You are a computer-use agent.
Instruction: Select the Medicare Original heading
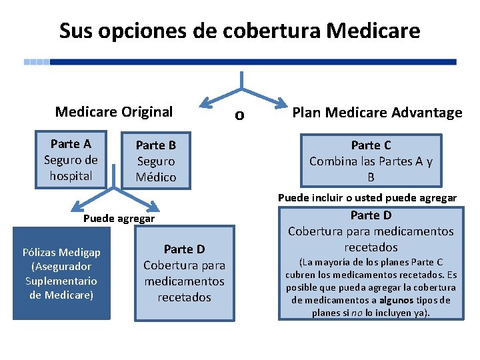(113, 112)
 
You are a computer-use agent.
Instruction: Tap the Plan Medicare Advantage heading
(377, 113)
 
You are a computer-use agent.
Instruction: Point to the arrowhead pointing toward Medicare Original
(207, 102)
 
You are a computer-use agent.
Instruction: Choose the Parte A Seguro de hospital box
(71, 160)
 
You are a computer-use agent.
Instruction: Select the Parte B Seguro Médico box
(155, 161)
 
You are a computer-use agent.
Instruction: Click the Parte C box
(371, 161)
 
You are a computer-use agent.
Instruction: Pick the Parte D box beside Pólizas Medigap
(184, 273)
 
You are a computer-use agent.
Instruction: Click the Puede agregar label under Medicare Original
(119, 219)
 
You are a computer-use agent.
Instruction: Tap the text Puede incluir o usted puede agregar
(367, 198)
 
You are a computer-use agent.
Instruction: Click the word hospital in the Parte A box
(71, 176)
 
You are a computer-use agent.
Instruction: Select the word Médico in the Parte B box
(156, 177)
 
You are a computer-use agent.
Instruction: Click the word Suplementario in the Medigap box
(61, 281)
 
